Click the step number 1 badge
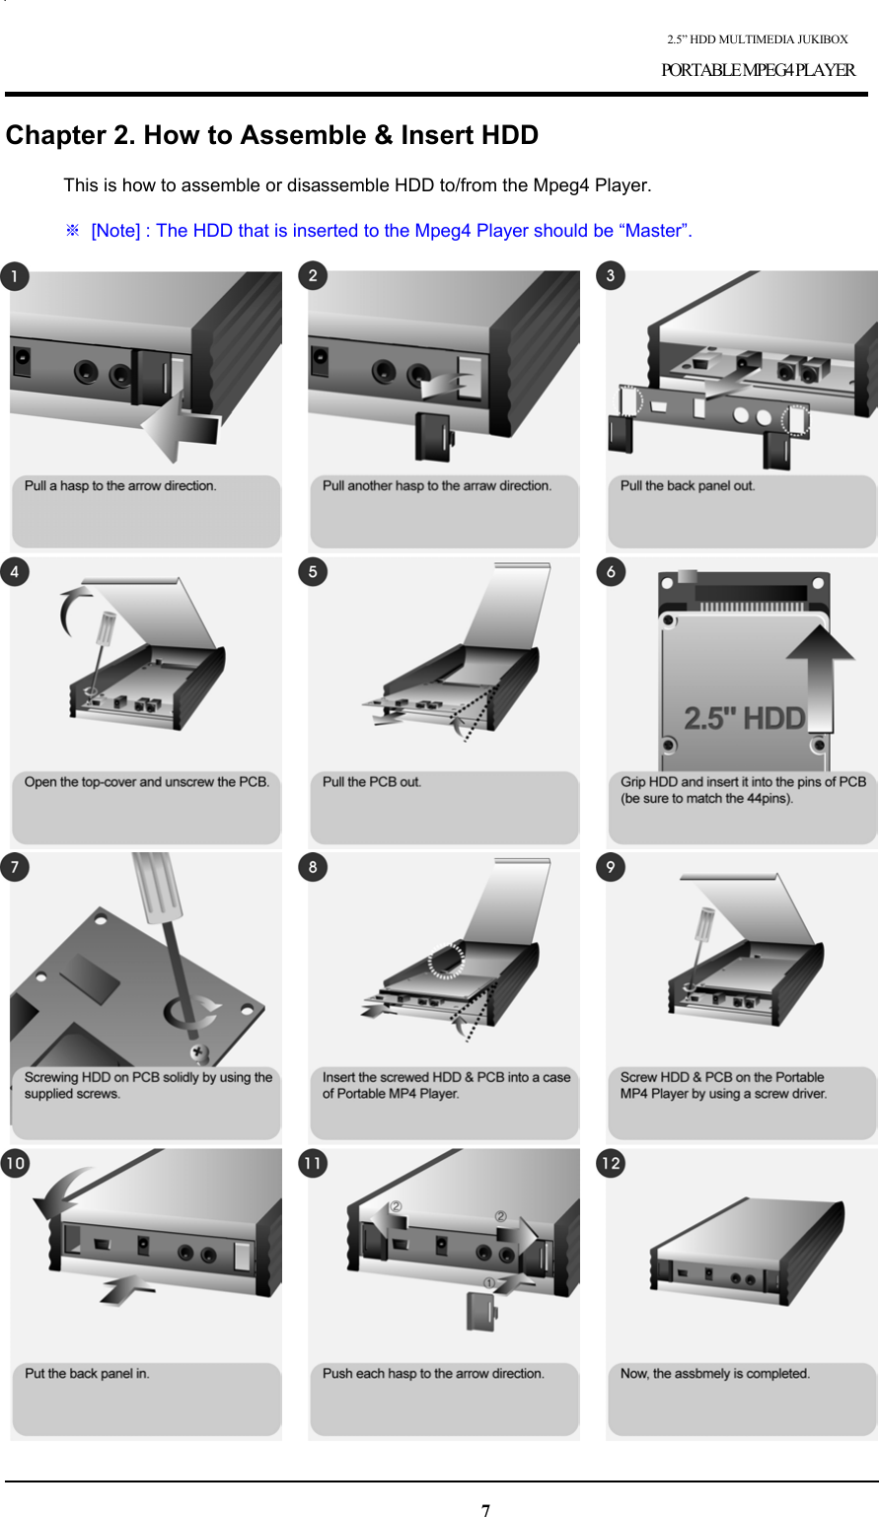point(14,276)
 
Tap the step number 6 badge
point(611,572)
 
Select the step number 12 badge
point(611,1164)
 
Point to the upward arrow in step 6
point(820,678)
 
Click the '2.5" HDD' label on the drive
point(744,718)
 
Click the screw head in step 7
point(198,1053)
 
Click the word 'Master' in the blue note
point(653,231)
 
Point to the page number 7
point(485,1509)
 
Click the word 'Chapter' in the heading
point(55,135)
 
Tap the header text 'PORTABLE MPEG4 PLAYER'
point(758,70)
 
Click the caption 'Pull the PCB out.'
point(372,782)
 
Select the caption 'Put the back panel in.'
point(87,1373)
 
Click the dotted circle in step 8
point(446,961)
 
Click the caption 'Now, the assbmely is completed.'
point(715,1373)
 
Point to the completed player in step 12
point(747,1252)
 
